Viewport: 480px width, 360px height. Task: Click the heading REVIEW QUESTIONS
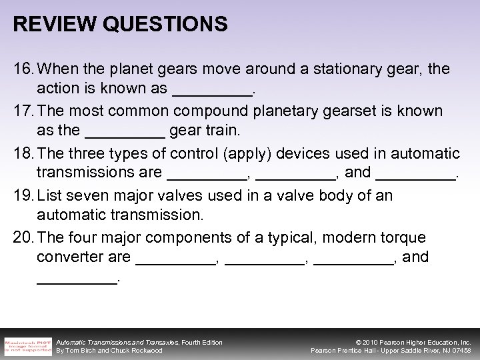point(120,25)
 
